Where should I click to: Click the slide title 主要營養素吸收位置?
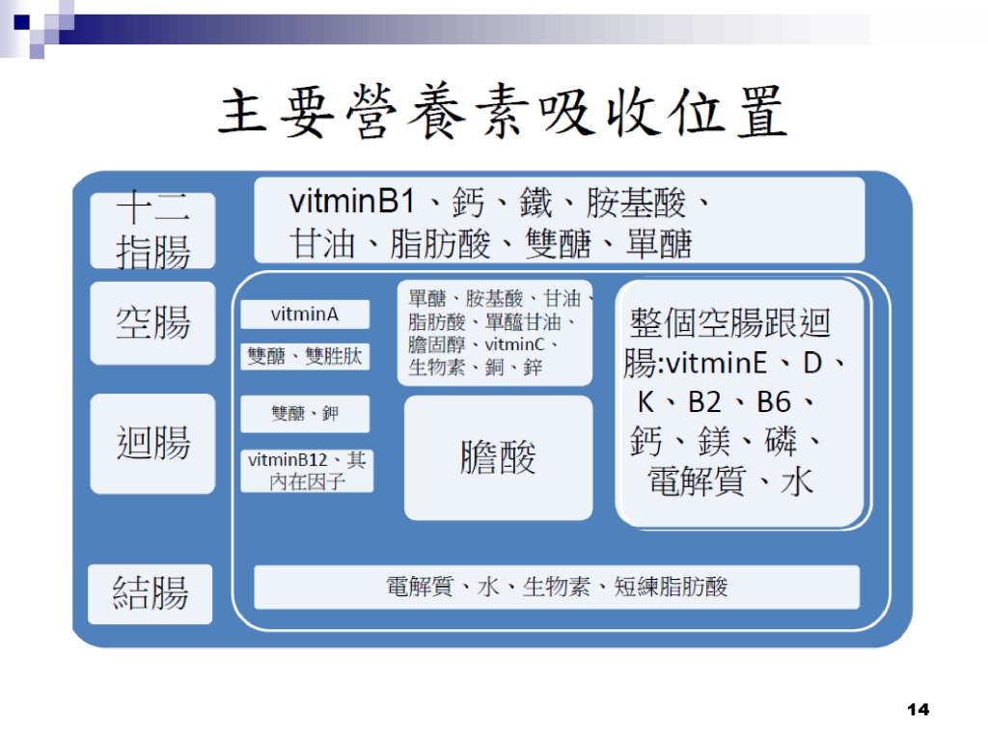click(502, 112)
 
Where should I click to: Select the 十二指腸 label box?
click(152, 231)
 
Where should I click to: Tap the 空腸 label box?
click(152, 322)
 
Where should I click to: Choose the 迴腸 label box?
click(152, 444)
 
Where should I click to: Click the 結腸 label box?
click(150, 593)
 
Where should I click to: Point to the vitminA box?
click(305, 314)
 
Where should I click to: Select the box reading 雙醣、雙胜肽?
click(305, 356)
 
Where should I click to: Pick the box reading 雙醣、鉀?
click(305, 413)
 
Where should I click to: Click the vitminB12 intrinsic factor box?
click(307, 471)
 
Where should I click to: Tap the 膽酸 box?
click(499, 457)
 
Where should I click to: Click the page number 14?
click(919, 709)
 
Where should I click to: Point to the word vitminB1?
click(351, 202)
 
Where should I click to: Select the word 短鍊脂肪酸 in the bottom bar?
click(672, 587)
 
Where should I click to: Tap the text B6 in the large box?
click(773, 402)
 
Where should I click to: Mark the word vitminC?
click(514, 344)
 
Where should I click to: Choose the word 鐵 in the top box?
click(535, 203)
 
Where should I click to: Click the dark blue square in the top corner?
click(21, 23)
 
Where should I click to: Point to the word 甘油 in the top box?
click(322, 244)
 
